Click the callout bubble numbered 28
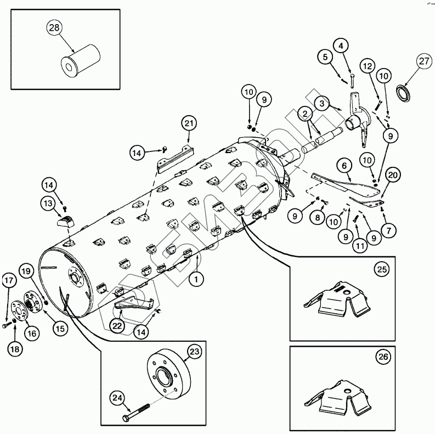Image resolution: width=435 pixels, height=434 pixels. click(x=54, y=29)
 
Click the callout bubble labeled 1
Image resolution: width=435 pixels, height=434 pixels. click(x=194, y=279)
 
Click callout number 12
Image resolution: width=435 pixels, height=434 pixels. click(x=368, y=66)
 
